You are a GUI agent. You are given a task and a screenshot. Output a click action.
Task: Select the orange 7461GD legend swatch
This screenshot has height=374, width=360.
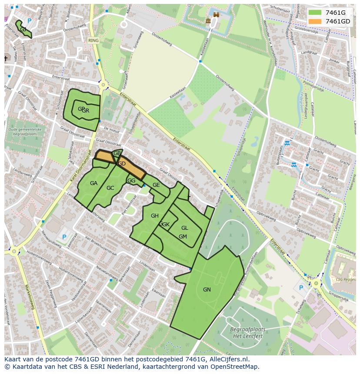tap(315, 21)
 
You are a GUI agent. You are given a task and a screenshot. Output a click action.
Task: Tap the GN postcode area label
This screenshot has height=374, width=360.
tap(207, 290)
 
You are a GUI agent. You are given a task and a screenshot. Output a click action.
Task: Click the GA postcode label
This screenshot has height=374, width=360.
tap(93, 183)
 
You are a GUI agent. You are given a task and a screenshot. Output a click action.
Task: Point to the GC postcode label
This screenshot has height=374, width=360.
tap(110, 188)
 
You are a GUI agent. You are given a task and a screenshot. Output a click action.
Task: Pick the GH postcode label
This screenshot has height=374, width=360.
tap(154, 216)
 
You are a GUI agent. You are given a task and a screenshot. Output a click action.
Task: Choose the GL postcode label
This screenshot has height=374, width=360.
tap(185, 228)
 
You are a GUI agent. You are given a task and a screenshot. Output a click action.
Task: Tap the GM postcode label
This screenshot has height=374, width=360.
tap(183, 236)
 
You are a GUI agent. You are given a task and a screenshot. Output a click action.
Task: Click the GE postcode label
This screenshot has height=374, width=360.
tap(156, 185)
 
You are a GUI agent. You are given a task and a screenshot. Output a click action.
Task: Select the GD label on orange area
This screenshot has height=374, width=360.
tap(122, 164)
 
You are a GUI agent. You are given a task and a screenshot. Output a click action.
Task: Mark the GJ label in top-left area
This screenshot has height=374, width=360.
tap(23, 29)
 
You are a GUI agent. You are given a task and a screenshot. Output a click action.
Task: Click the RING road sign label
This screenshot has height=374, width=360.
tap(93, 40)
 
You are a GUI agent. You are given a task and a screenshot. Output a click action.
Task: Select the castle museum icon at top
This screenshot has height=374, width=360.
tap(208, 20)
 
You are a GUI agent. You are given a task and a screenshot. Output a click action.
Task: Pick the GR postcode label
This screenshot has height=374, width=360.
tap(86, 111)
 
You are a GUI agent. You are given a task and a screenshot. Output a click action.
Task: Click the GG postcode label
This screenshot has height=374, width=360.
tap(131, 181)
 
